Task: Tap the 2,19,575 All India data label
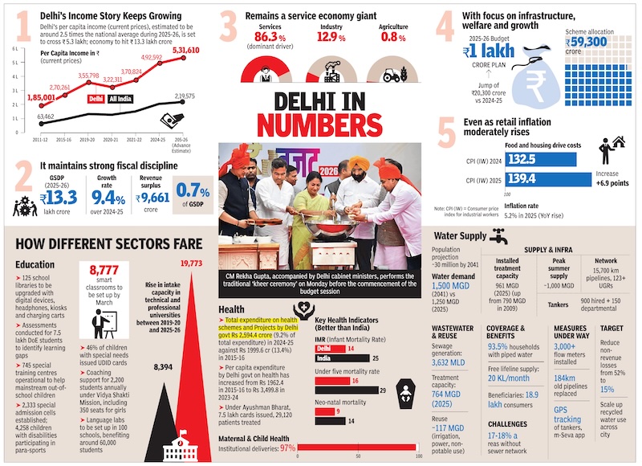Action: (x=185, y=96)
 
